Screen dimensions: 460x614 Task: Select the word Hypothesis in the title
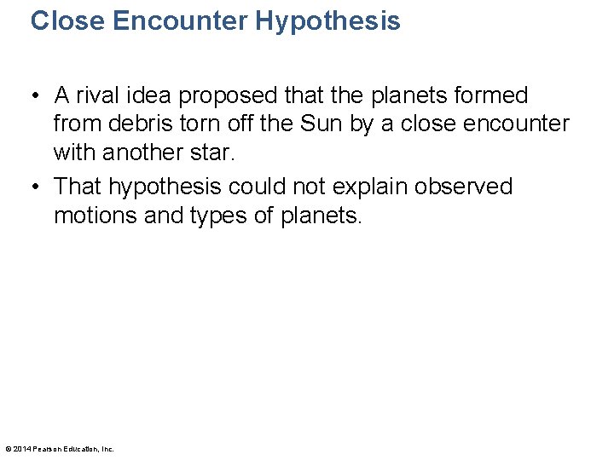coord(327,20)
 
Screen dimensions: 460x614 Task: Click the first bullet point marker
coord(38,95)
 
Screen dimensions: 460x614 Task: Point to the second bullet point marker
coord(38,187)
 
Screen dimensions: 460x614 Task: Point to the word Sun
coord(316,124)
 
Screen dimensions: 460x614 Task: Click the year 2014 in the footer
coord(21,449)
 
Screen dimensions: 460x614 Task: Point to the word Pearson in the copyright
coord(45,449)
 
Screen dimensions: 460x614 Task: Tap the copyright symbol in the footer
coord(8,449)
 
